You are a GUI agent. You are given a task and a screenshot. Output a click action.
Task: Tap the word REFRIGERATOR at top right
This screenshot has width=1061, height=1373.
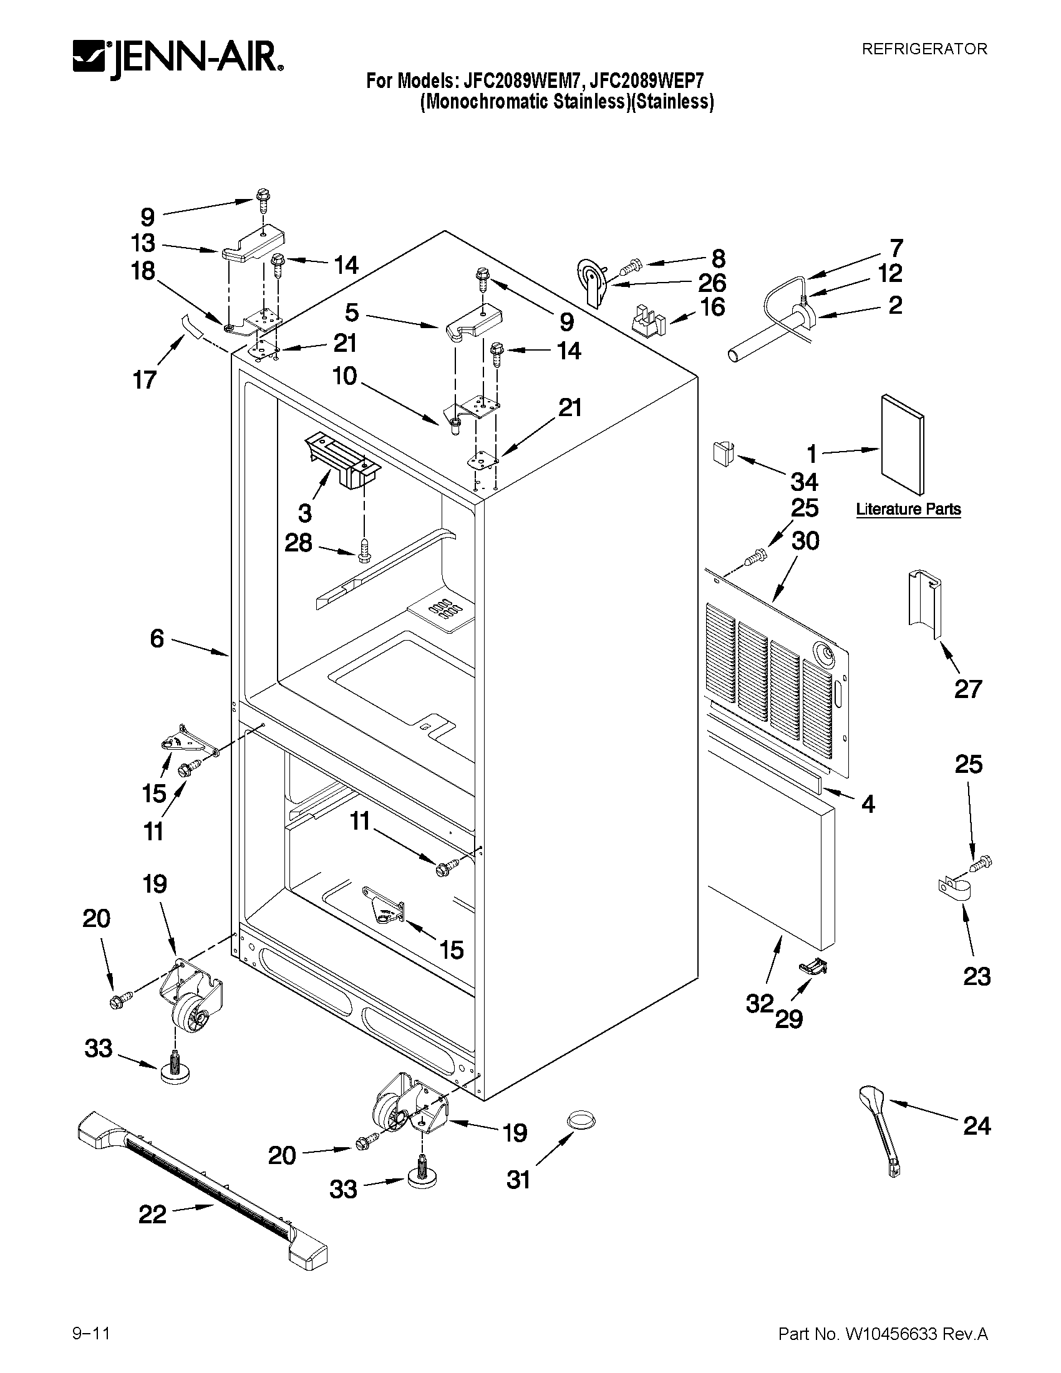click(x=924, y=49)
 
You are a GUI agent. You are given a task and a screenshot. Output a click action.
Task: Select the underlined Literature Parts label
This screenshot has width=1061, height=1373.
click(x=908, y=509)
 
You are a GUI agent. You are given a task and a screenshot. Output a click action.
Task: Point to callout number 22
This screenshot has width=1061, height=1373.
click(x=153, y=1215)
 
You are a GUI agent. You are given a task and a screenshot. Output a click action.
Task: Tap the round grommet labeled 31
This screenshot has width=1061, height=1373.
click(x=581, y=1120)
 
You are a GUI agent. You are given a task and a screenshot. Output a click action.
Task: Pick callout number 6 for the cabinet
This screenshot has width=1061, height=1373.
click(x=157, y=639)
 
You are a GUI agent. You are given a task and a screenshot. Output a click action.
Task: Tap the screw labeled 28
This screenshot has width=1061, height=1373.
click(x=364, y=551)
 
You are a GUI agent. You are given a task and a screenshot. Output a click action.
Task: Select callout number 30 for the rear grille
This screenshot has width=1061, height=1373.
click(x=805, y=541)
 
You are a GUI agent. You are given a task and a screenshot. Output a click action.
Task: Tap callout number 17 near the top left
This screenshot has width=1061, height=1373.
click(x=145, y=380)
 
